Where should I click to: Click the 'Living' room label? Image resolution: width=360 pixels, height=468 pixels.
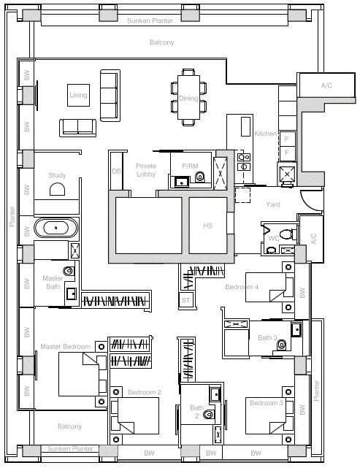point(77,96)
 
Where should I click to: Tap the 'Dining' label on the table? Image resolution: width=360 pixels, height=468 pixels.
point(188,98)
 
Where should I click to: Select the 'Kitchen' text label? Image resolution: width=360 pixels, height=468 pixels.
point(265,134)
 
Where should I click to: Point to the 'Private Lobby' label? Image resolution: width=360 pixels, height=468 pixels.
point(146,171)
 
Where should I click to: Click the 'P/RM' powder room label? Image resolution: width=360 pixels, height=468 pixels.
point(190,166)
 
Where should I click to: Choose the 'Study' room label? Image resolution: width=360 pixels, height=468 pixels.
point(57,175)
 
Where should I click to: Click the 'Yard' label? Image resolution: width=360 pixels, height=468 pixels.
point(273,204)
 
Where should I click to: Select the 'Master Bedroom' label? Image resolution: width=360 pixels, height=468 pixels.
point(65,346)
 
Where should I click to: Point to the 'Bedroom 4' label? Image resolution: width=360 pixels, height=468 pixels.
point(241,287)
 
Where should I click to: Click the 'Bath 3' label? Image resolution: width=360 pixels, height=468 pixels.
point(267,337)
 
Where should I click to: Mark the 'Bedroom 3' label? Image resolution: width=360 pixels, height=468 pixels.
point(266,404)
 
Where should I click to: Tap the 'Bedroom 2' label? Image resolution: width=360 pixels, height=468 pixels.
point(144,393)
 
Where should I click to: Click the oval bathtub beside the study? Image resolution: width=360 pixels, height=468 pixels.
point(56,228)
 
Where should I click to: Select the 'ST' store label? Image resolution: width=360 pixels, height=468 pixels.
point(185,299)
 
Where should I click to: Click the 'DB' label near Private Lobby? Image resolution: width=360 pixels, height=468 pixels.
point(115,171)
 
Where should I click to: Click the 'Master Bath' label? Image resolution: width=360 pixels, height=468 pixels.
point(52,283)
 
